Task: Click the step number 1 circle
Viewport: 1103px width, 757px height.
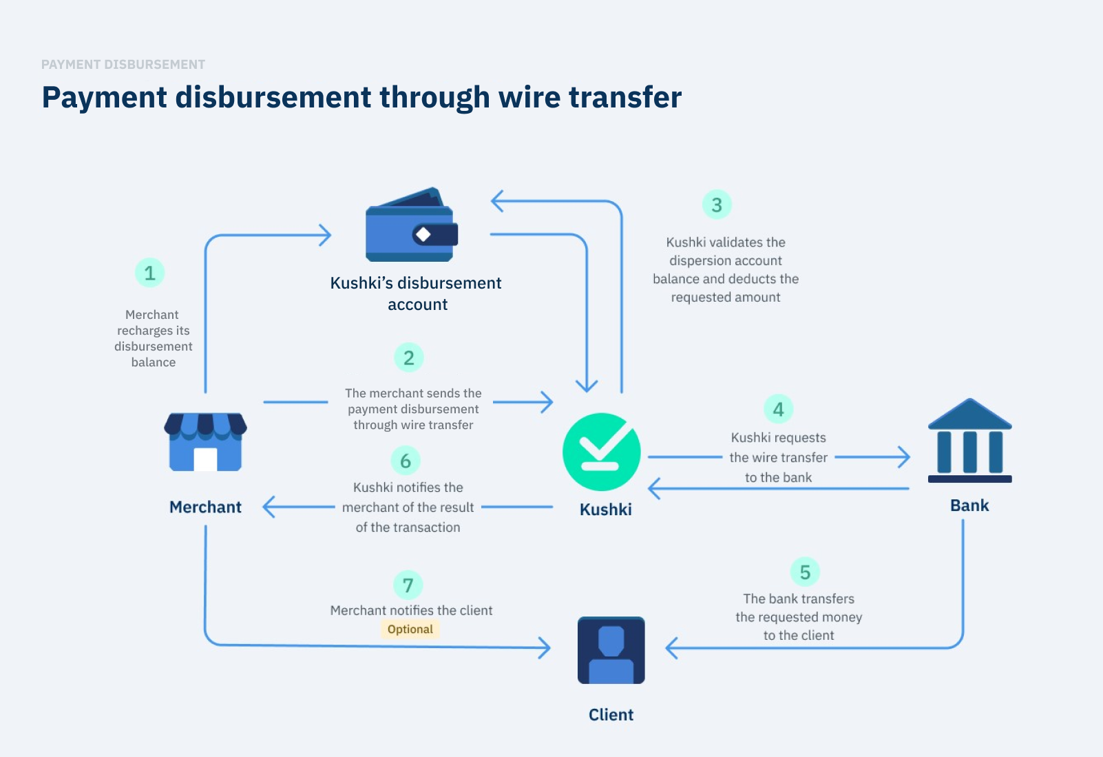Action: click(149, 273)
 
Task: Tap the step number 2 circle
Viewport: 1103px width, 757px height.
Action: click(409, 357)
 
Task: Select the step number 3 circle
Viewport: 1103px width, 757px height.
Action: click(717, 205)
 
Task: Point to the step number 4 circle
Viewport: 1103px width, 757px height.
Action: click(779, 409)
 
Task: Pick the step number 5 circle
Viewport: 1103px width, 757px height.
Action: click(805, 572)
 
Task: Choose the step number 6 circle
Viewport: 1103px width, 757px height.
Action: click(406, 461)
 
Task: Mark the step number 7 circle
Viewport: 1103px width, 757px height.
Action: click(408, 585)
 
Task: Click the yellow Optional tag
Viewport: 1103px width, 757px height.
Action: click(410, 629)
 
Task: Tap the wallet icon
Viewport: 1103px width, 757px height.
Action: click(412, 225)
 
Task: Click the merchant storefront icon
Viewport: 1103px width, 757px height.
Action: click(205, 442)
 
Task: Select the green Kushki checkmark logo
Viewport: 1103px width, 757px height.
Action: click(602, 452)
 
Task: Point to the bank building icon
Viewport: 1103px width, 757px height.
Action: click(969, 441)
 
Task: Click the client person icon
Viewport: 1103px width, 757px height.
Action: click(611, 650)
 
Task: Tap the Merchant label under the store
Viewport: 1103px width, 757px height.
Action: click(205, 508)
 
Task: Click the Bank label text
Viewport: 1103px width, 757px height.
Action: click(969, 506)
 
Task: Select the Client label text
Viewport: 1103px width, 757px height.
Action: click(611, 715)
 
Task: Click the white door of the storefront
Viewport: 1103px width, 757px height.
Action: click(205, 459)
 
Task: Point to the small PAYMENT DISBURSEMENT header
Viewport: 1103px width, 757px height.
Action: click(123, 65)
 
